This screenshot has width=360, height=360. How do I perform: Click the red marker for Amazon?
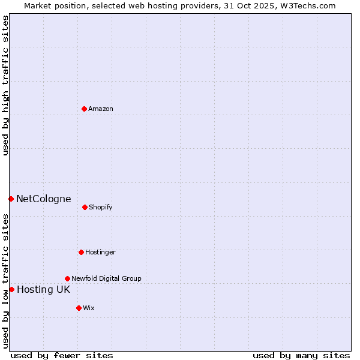point(85,109)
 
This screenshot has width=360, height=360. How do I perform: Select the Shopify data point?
point(85,207)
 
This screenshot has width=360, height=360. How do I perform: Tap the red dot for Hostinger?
point(81,252)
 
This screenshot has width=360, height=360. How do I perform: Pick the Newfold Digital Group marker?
point(67,278)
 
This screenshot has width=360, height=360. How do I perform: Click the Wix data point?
point(79,308)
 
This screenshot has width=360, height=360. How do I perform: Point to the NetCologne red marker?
point(11,199)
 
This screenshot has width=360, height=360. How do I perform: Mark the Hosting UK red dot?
point(11,289)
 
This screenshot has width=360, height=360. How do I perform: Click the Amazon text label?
point(101,109)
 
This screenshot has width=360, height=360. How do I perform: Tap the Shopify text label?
point(101,207)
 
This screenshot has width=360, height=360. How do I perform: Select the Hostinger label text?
point(100,252)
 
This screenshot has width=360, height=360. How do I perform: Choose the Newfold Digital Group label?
point(106,278)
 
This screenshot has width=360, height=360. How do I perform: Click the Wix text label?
point(89,308)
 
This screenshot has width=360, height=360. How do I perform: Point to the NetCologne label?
point(43,199)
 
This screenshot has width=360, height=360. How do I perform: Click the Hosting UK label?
point(43,289)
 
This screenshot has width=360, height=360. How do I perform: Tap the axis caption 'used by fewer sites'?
point(62,355)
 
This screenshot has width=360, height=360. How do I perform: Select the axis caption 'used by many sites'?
point(301,355)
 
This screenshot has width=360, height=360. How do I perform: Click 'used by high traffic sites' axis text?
point(5,85)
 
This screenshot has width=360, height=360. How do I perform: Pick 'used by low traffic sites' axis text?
point(5,281)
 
